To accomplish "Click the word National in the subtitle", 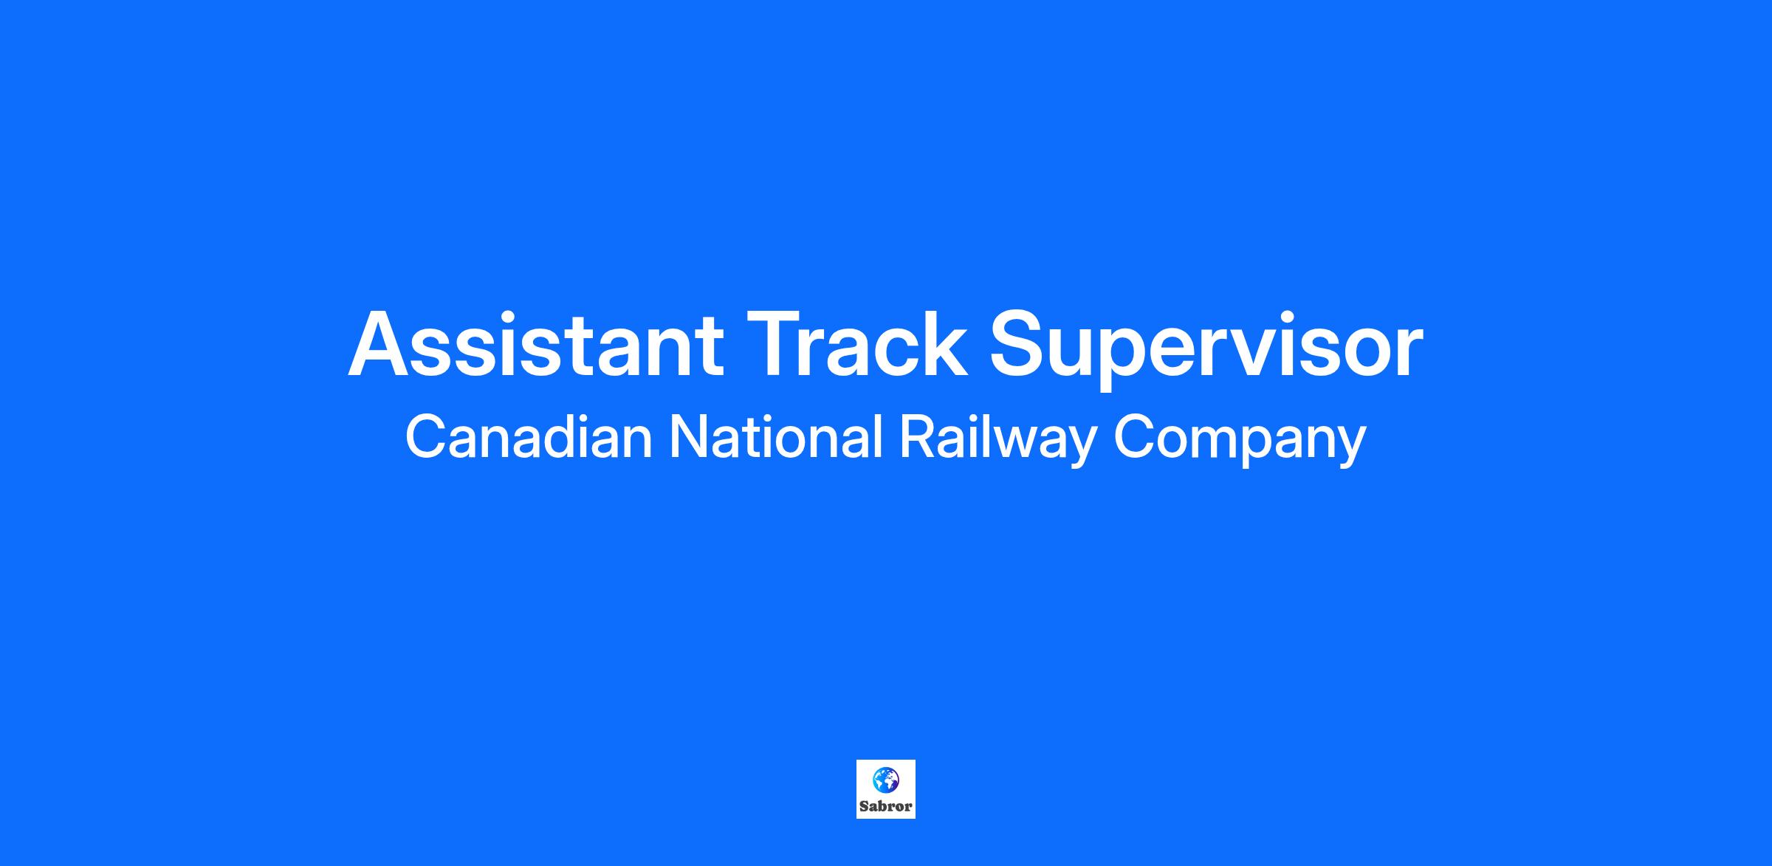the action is click(x=775, y=437).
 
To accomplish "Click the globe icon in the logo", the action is click(x=885, y=780).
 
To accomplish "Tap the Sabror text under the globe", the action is click(x=886, y=806).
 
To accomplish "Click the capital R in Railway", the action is click(x=918, y=437).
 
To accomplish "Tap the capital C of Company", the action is click(x=1133, y=437).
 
